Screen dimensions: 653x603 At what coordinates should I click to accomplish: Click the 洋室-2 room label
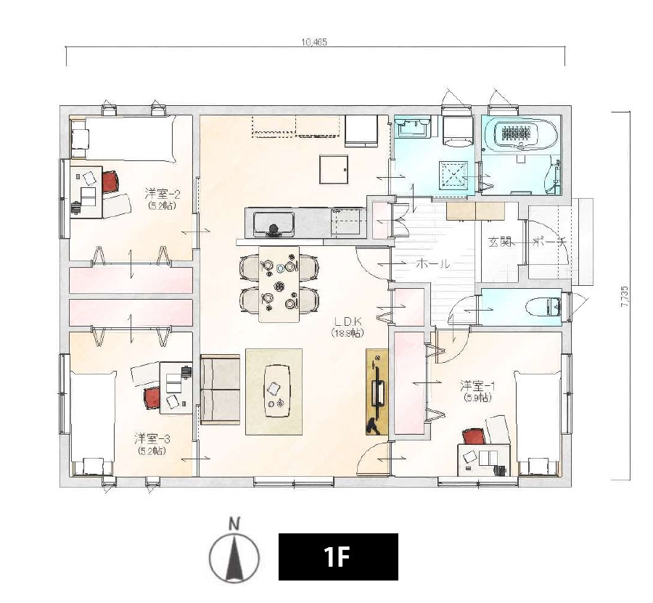pyautogui.click(x=163, y=194)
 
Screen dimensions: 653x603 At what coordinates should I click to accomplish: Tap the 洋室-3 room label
pyautogui.click(x=152, y=438)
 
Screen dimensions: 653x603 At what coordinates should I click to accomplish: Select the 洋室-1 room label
pyautogui.click(x=477, y=385)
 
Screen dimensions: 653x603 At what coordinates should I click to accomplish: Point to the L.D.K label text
pyautogui.click(x=348, y=321)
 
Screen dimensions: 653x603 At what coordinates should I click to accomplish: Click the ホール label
pyautogui.click(x=433, y=263)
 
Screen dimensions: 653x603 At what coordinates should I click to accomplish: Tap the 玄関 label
pyautogui.click(x=500, y=242)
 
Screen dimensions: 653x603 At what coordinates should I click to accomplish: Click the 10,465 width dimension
pyautogui.click(x=314, y=42)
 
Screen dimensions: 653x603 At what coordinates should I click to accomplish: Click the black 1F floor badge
pyautogui.click(x=338, y=557)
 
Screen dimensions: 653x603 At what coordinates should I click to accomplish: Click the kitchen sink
pyautogui.click(x=274, y=223)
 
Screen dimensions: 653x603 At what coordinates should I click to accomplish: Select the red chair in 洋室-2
pyautogui.click(x=110, y=182)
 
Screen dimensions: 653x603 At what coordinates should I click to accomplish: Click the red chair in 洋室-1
pyautogui.click(x=474, y=438)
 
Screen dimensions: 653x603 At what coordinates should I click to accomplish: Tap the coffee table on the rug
pyautogui.click(x=276, y=390)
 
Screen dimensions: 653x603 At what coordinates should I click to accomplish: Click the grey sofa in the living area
pyautogui.click(x=221, y=390)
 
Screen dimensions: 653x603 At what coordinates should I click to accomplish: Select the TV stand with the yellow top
pyautogui.click(x=377, y=392)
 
